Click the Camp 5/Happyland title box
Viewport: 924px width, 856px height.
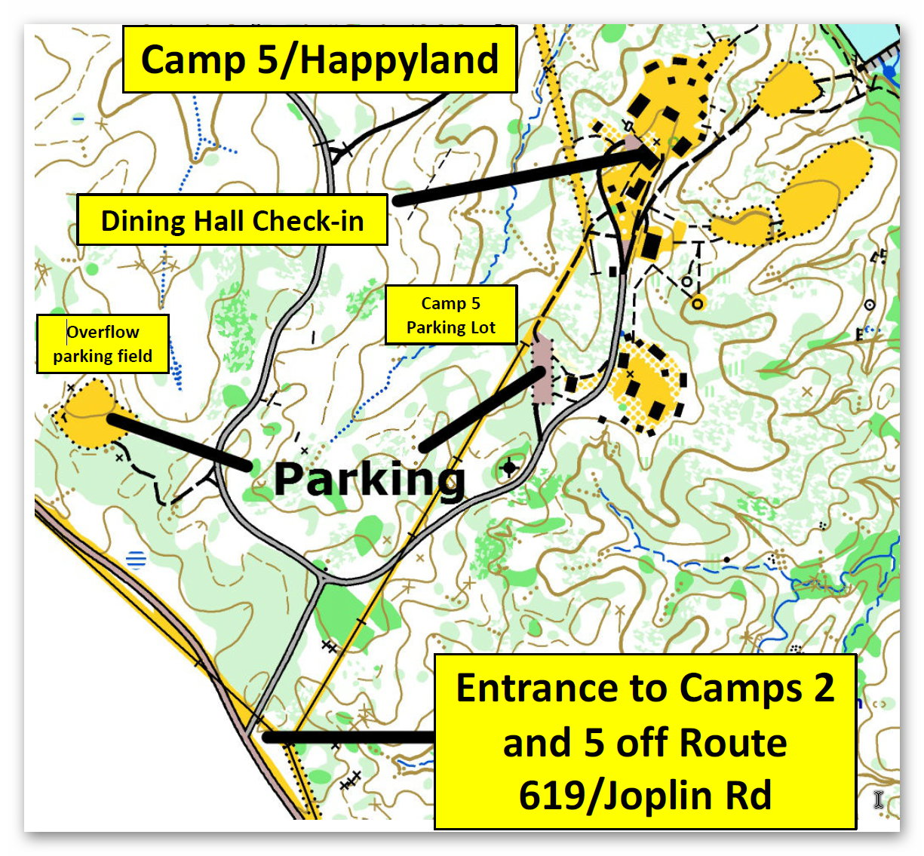[x=319, y=60]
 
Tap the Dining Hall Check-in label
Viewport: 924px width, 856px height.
[x=232, y=220]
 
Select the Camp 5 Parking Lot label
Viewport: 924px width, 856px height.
[x=451, y=315]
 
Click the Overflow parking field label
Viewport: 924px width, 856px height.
[x=103, y=344]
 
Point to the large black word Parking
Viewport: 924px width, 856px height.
[x=370, y=478]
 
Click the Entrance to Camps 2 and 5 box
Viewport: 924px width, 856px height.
[x=645, y=742]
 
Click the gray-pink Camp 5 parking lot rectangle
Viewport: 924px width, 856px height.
[x=541, y=370]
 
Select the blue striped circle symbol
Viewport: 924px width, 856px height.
[x=136, y=559]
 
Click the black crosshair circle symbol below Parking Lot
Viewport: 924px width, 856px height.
[x=510, y=468]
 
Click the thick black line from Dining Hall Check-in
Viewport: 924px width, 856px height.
[x=520, y=177]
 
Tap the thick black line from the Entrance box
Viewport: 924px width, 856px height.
[x=347, y=737]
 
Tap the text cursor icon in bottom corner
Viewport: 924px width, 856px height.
[x=879, y=799]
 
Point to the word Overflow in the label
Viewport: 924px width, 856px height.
[x=103, y=332]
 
